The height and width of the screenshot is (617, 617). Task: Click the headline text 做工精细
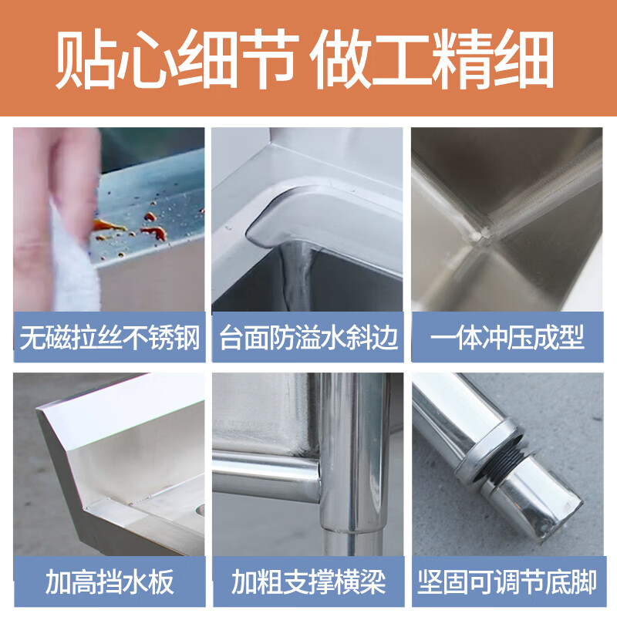click(x=432, y=60)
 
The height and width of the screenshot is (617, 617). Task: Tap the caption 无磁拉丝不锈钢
click(x=110, y=338)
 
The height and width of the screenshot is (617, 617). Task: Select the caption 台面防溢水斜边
click(x=308, y=338)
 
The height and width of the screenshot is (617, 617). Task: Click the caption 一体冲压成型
click(x=507, y=338)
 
